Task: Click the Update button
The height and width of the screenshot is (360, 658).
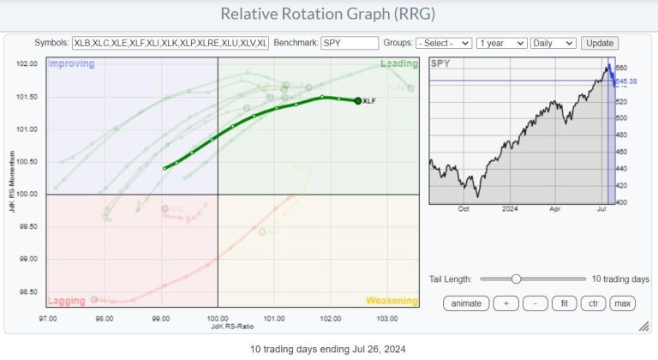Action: (x=599, y=42)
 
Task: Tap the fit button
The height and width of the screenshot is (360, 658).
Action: (x=564, y=303)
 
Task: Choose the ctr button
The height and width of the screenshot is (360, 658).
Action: (x=591, y=303)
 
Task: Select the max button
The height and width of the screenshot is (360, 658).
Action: (x=622, y=303)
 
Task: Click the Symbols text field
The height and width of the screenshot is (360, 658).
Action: (x=170, y=42)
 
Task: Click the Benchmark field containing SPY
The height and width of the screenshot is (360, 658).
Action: (x=350, y=42)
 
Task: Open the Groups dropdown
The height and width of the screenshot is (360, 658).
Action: (x=444, y=42)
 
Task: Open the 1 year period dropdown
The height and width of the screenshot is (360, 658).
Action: (x=500, y=42)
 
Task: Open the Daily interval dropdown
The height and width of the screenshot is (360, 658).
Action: (x=553, y=42)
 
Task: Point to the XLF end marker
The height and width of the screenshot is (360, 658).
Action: (x=357, y=100)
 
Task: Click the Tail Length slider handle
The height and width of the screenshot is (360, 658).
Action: (x=516, y=279)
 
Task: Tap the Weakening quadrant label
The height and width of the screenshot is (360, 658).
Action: (x=392, y=301)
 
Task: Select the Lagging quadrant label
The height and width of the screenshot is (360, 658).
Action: (x=67, y=301)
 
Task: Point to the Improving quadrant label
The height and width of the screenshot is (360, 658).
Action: (x=71, y=63)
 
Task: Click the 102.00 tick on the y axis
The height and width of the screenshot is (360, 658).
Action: (x=28, y=64)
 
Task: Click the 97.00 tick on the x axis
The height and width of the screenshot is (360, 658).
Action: (x=48, y=318)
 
